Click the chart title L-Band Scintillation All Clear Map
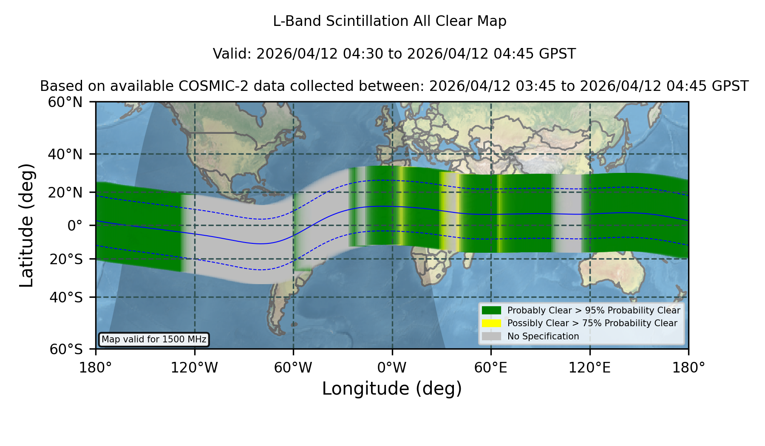(x=390, y=21)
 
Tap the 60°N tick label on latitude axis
(x=65, y=102)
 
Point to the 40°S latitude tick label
(x=66, y=297)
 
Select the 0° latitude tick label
(x=75, y=226)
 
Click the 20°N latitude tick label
(x=65, y=192)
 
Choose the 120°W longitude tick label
(x=194, y=368)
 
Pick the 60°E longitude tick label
(x=491, y=368)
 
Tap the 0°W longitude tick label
(x=392, y=368)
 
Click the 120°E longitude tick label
(x=589, y=368)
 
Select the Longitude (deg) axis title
(x=392, y=389)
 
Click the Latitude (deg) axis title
(x=26, y=225)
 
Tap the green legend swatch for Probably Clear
(x=492, y=311)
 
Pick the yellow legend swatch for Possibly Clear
(x=492, y=323)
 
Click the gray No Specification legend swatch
(x=492, y=336)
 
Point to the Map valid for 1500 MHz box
(x=154, y=339)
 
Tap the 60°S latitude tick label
(x=66, y=349)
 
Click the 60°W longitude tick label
(x=293, y=368)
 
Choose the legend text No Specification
(x=543, y=336)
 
